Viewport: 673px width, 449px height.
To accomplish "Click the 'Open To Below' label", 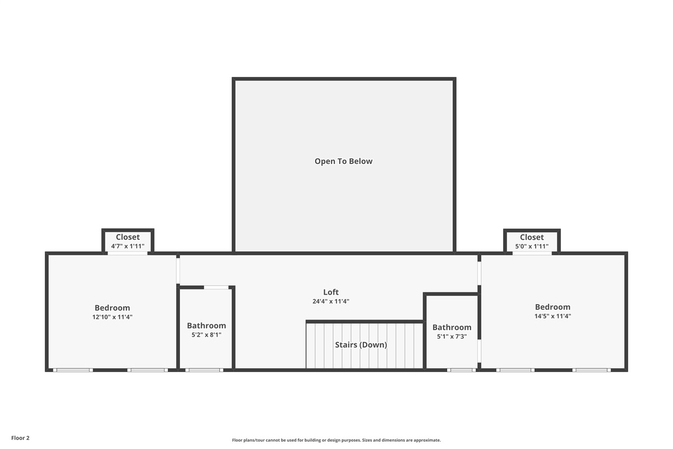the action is [x=343, y=161].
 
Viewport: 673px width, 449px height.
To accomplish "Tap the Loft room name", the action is [x=331, y=292].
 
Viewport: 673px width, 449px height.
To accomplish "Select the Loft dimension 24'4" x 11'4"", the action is [x=331, y=301].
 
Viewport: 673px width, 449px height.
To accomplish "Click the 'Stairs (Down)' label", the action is [x=361, y=345].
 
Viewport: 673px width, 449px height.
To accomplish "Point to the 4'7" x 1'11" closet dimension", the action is [x=128, y=246].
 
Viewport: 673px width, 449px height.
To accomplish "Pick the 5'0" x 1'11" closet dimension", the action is [x=532, y=246].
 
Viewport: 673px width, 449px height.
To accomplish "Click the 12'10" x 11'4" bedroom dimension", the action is [x=112, y=317].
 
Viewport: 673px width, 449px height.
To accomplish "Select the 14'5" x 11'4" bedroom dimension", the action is [x=552, y=316].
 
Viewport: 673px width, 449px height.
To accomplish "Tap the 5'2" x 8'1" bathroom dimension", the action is [x=206, y=335].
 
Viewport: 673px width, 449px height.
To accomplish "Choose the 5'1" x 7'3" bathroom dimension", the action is [x=452, y=336].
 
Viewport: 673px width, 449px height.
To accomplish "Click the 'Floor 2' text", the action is [x=20, y=438].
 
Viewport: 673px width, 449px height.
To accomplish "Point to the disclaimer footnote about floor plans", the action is [x=336, y=440].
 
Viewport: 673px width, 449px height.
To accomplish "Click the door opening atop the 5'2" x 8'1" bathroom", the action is [x=216, y=287].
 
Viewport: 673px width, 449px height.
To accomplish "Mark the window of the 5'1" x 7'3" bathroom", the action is [x=462, y=370].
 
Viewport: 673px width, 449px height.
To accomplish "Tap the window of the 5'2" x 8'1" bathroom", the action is [x=204, y=370].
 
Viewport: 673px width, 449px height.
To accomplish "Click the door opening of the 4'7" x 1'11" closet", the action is [x=128, y=253].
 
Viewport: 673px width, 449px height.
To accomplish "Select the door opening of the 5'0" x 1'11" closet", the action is [x=532, y=253].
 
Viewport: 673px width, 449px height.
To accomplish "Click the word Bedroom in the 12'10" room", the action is [x=112, y=308].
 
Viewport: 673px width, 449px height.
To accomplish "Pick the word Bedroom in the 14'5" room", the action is [x=552, y=307].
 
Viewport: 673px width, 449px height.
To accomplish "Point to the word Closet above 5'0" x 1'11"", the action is [x=532, y=237].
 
